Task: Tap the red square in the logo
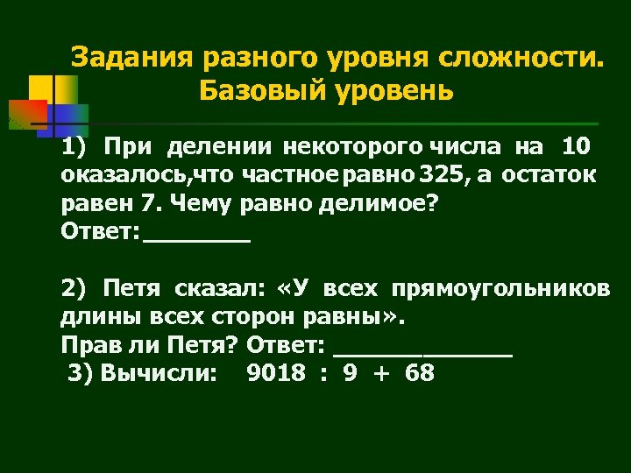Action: coord(27,114)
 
